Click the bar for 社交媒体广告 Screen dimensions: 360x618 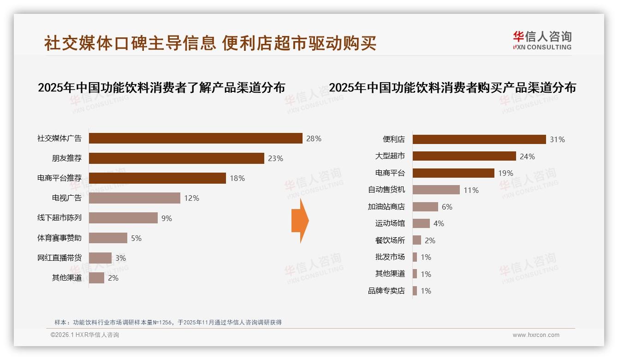point(196,138)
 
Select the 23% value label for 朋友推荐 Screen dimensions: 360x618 point(275,158)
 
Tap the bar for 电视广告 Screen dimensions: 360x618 point(134,198)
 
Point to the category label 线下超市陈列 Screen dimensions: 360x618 point(59,218)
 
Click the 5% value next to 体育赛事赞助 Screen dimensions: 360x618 point(136,238)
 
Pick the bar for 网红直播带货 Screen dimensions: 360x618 point(100,258)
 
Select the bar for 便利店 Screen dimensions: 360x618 point(479,139)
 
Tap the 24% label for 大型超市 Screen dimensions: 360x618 point(527,156)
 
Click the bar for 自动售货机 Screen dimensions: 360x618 point(436,190)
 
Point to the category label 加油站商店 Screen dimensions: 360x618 point(386,207)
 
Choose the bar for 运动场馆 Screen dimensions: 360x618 point(421,223)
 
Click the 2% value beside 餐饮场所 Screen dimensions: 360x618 point(430,240)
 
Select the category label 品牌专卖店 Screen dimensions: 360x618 point(386,291)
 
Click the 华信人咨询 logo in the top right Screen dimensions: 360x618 point(542,40)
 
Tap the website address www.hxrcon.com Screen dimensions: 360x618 point(536,335)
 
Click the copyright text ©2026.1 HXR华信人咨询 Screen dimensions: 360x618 point(85,335)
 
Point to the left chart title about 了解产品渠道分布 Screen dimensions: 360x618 point(161,87)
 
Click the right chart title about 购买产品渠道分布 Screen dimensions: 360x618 point(452,87)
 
